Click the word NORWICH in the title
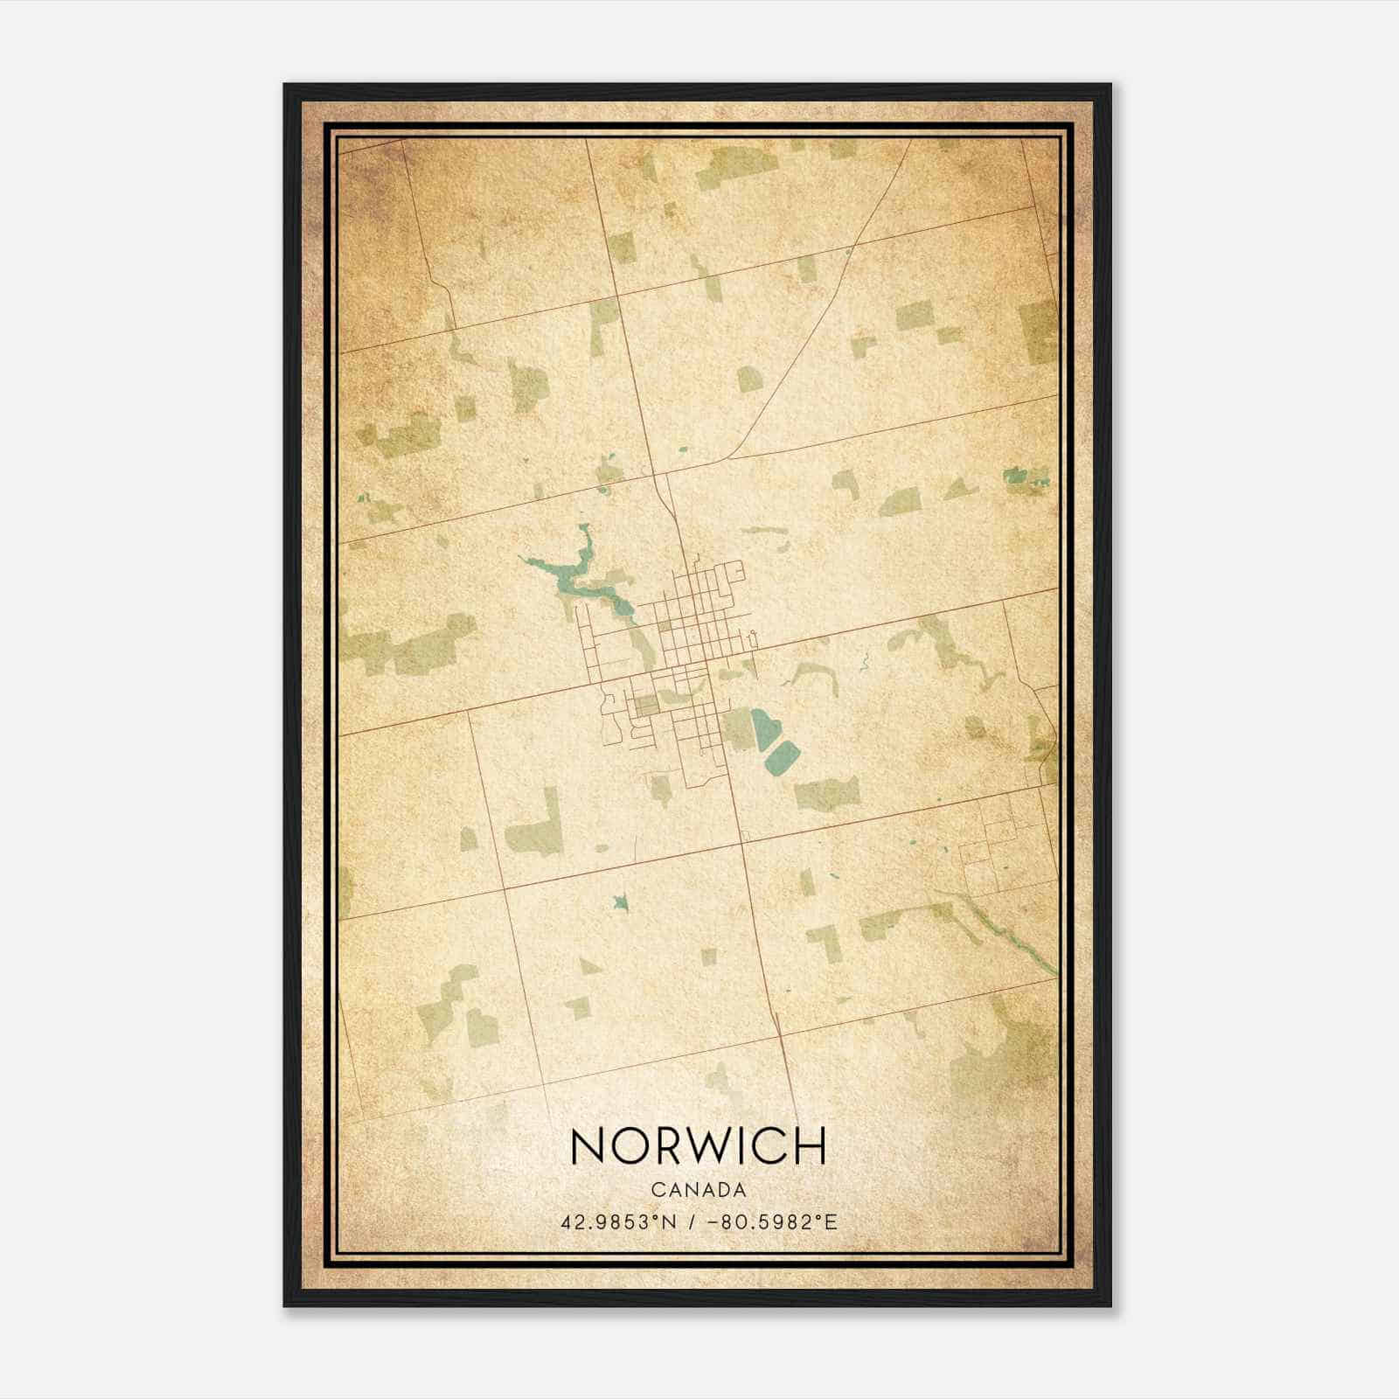click(x=698, y=1145)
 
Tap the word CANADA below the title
click(x=698, y=1190)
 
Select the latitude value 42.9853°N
click(x=620, y=1222)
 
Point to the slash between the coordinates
click(x=692, y=1222)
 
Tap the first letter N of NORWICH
click(x=586, y=1145)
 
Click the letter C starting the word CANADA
click(x=656, y=1190)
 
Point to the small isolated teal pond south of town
click(x=620, y=901)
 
